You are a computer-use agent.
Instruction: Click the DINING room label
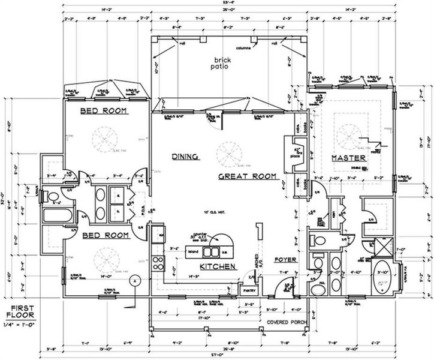click(185, 157)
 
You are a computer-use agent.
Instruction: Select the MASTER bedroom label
click(349, 158)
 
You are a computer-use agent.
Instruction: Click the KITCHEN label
click(217, 266)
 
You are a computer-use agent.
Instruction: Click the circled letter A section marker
click(135, 280)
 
